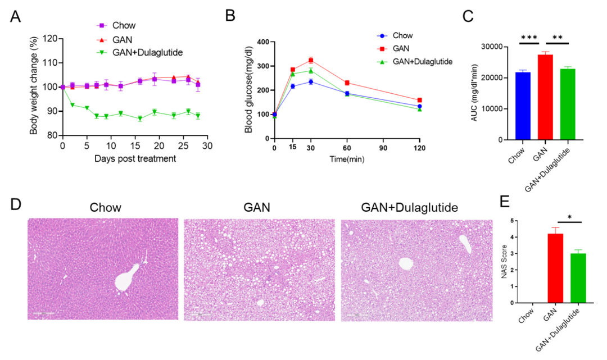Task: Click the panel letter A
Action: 16,16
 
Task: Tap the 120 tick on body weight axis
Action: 50,39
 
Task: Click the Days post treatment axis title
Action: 134,158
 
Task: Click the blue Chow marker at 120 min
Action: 419,106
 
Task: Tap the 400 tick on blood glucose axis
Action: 263,42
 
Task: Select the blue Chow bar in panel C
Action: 523,106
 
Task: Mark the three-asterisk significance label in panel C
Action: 528,38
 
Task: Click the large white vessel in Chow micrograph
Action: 126,279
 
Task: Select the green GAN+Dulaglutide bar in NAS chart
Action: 577,278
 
